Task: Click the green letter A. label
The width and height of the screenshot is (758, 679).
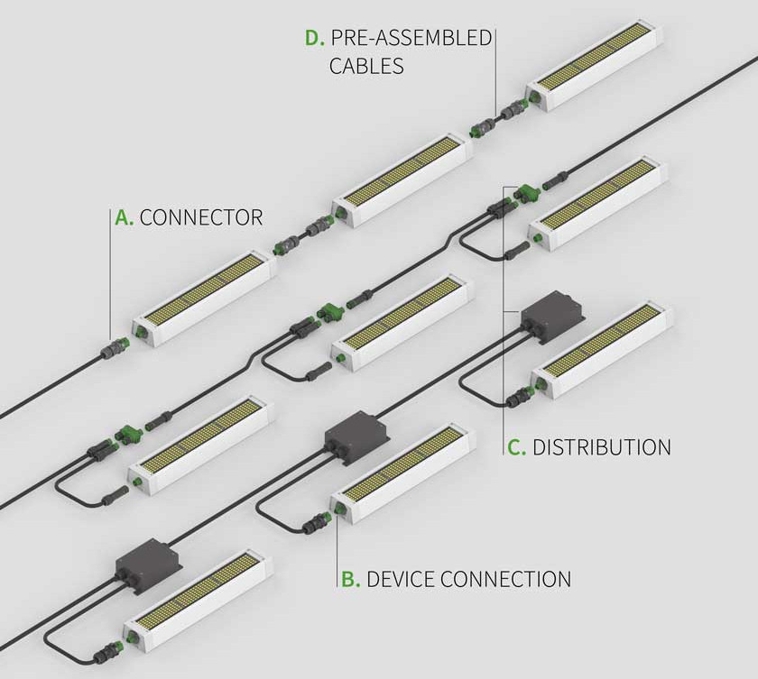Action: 124,217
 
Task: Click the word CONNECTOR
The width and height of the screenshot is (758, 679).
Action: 201,217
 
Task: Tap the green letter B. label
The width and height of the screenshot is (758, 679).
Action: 350,579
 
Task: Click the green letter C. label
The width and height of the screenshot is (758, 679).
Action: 517,447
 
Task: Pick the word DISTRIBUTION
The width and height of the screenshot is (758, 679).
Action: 602,447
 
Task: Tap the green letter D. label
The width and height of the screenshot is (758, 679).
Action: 313,38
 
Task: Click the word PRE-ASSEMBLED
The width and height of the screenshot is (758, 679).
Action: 411,38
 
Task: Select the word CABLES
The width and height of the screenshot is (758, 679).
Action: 366,66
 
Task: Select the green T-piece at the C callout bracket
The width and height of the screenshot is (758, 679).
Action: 524,192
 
